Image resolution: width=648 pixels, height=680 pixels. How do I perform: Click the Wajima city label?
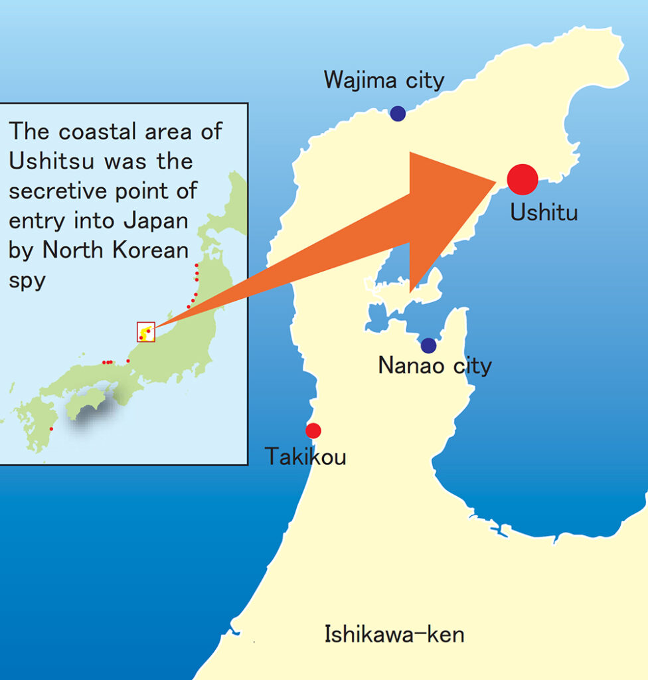click(384, 81)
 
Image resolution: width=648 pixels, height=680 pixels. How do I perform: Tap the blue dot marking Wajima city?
click(398, 114)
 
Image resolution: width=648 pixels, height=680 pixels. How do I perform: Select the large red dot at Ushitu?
click(522, 179)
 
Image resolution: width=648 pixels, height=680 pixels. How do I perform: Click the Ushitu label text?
click(544, 212)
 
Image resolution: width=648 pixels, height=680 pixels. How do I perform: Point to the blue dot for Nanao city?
click(428, 345)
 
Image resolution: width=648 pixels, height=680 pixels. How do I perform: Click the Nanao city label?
click(435, 366)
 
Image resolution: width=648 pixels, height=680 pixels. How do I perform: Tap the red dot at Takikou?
click(313, 430)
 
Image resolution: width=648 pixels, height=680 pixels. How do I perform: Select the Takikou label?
click(305, 457)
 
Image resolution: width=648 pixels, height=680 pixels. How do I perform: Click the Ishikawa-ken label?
click(394, 634)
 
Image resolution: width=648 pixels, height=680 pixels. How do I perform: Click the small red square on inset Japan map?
click(146, 331)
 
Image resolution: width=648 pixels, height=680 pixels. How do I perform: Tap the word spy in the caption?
click(27, 280)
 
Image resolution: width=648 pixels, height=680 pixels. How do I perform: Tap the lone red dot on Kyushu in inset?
click(51, 429)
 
